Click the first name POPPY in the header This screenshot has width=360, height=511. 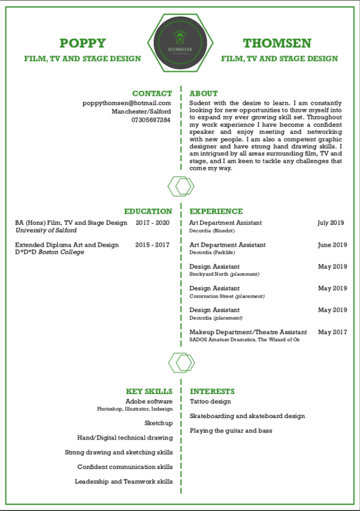tap(82, 43)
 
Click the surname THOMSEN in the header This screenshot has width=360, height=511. tap(277, 43)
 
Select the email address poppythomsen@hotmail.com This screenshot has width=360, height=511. tap(127, 103)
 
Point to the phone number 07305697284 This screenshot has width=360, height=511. tap(151, 120)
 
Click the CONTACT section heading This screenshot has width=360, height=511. tap(152, 93)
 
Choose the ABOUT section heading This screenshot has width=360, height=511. tap(204, 93)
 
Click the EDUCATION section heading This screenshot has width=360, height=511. tap(148, 211)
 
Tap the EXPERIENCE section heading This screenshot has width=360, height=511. tap(216, 211)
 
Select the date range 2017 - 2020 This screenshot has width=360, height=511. tap(153, 223)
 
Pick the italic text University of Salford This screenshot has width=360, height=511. tap(46, 230)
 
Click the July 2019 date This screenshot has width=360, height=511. tap(331, 223)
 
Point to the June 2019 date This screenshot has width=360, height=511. tap(332, 245)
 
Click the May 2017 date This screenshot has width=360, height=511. tap(333, 332)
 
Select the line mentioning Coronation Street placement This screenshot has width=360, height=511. tap(227, 296)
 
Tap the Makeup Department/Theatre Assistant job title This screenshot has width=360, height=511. tap(248, 332)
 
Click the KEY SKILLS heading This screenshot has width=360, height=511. tap(149, 392)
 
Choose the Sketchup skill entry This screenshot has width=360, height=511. tap(159, 423)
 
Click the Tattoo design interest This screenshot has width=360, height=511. tap(210, 401)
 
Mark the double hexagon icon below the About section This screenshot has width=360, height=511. tap(181, 186)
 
